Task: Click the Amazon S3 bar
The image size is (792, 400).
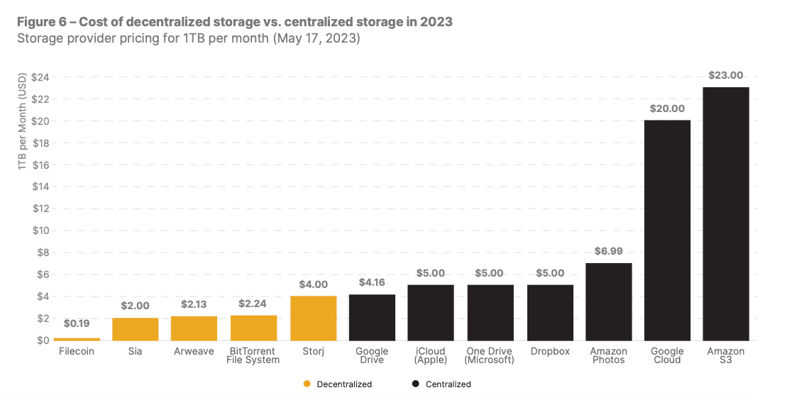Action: click(x=725, y=213)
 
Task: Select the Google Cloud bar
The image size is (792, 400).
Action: click(x=667, y=230)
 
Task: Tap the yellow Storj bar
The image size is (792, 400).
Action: click(x=313, y=318)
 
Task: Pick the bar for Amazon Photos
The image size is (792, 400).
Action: click(x=608, y=301)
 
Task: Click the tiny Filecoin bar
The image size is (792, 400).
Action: click(x=77, y=339)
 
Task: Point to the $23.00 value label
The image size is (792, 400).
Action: click(x=725, y=76)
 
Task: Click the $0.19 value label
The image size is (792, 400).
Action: click(x=77, y=323)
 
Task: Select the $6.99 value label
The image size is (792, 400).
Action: click(x=608, y=252)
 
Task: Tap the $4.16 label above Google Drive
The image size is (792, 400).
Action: click(x=372, y=282)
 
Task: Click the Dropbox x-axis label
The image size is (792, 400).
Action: click(x=549, y=352)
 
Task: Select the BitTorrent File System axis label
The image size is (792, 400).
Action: click(x=253, y=355)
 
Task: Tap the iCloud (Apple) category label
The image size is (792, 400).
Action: click(x=431, y=355)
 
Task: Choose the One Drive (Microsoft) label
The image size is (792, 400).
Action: click(x=490, y=355)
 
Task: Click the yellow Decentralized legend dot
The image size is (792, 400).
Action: click(x=307, y=384)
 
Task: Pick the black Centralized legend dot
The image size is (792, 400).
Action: click(x=415, y=384)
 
